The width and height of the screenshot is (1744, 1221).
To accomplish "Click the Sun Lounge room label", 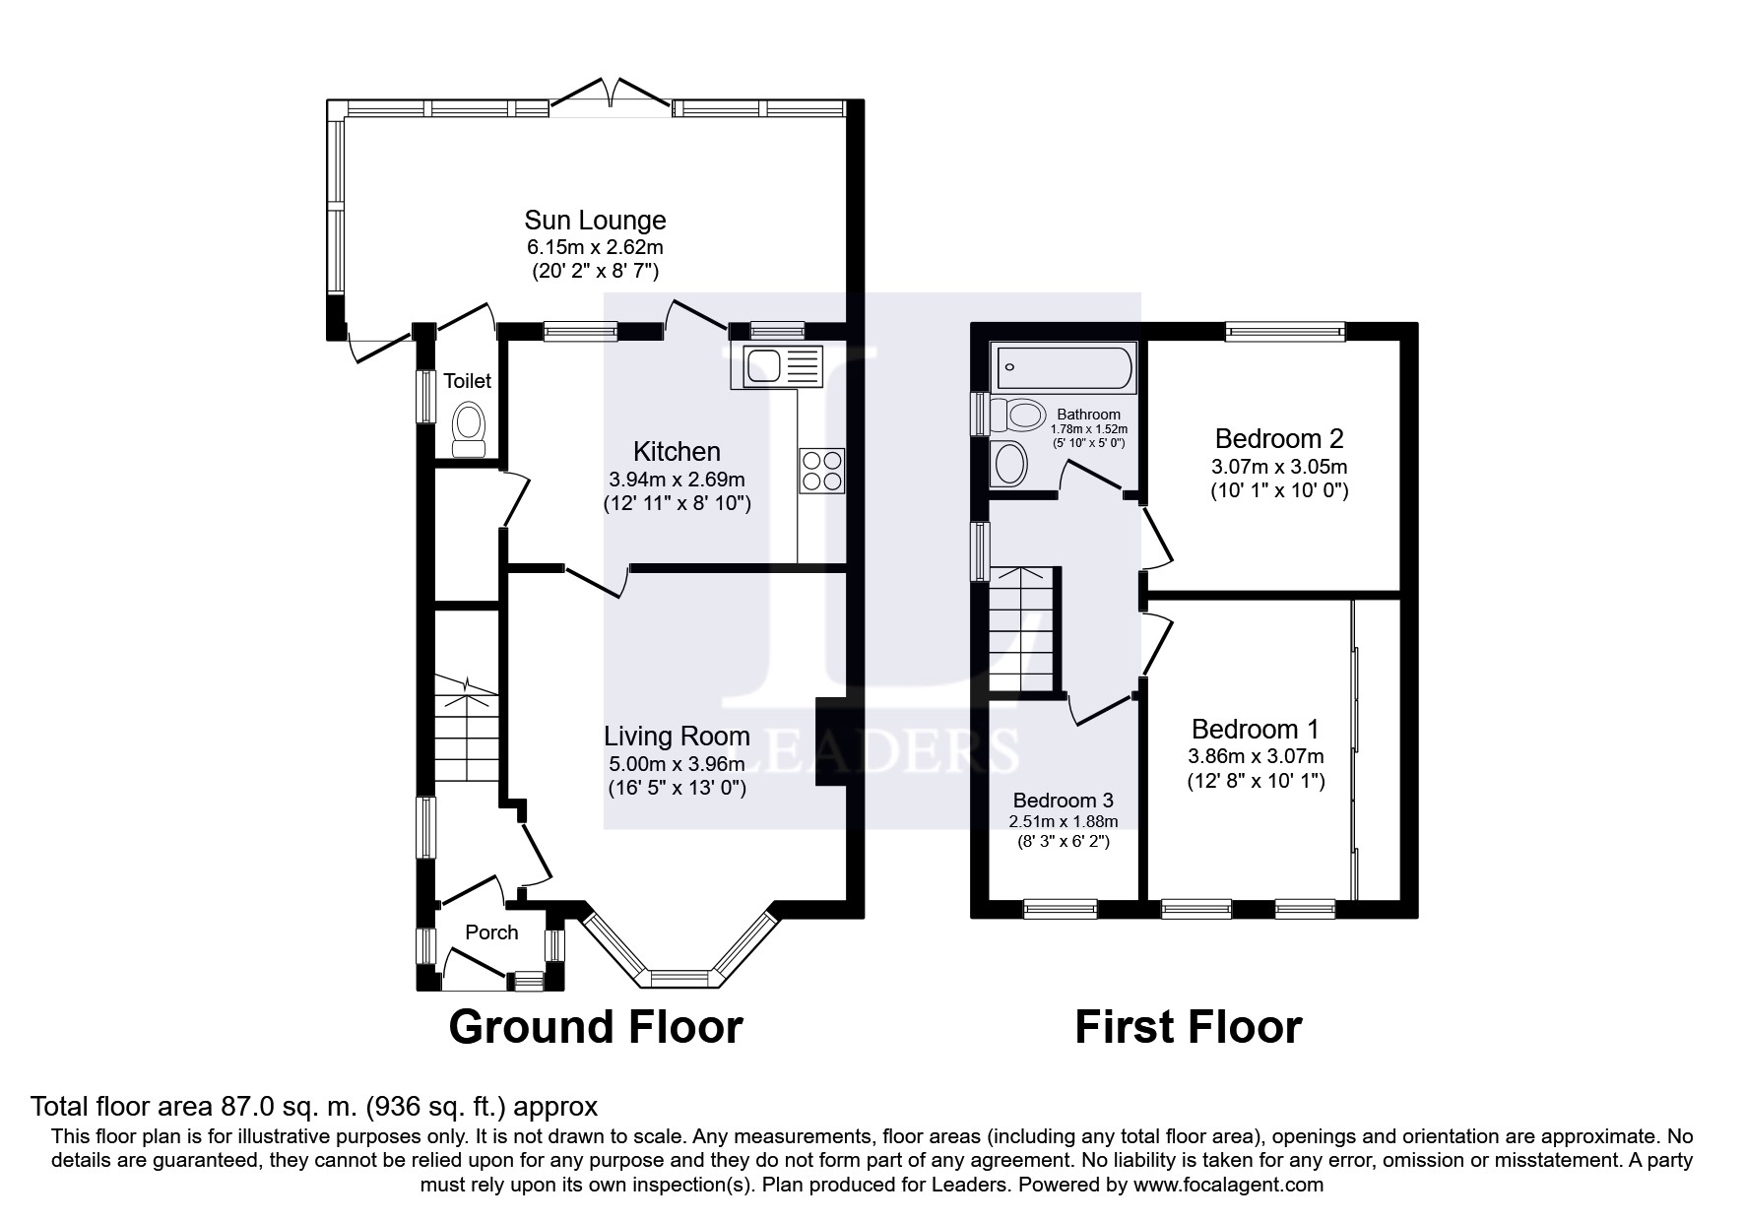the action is (595, 221).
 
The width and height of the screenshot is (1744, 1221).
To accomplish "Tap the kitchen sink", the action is (776, 367).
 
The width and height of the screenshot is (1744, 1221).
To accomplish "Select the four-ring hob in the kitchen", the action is (821, 470).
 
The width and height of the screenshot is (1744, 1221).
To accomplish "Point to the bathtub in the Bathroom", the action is (1065, 368).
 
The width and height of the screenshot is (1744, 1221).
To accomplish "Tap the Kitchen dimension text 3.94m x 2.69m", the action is (678, 480).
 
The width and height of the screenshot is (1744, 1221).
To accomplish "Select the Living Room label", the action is (678, 736).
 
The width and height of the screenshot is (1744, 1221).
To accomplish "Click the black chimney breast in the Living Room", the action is (830, 740).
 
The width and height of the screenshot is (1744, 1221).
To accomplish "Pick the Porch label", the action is (491, 932).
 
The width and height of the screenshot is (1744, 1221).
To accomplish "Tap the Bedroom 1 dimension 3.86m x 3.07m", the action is (1256, 756).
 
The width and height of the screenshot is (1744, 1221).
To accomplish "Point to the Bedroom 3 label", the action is (1064, 800).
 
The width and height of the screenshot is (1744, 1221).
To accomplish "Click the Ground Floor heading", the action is (596, 1027).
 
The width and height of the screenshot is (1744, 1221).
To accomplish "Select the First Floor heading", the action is (1189, 1027).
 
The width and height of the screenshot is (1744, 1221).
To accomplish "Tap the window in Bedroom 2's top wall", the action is (1285, 333).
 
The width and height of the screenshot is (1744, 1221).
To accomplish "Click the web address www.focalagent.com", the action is (1228, 1185).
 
